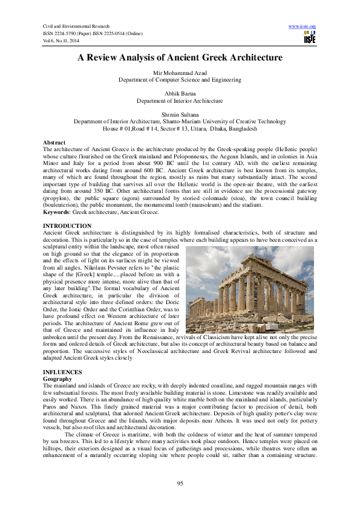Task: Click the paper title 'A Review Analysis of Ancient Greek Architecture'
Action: (x=180, y=58)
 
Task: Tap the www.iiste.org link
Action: (x=303, y=27)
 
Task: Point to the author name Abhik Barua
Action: (x=180, y=94)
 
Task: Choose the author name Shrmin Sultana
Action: (x=180, y=114)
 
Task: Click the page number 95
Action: (x=180, y=482)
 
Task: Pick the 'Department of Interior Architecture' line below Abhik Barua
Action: (x=180, y=100)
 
